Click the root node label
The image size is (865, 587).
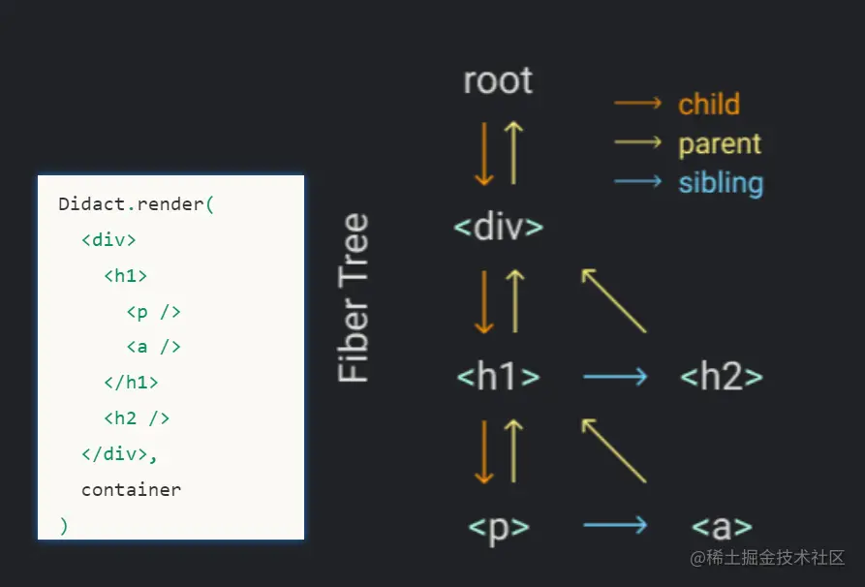tap(498, 81)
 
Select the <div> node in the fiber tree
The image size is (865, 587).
tap(498, 228)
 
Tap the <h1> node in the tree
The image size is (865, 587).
tap(498, 377)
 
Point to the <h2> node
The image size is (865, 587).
tap(722, 377)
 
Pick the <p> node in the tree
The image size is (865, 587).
tap(498, 527)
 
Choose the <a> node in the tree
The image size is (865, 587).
tap(722, 527)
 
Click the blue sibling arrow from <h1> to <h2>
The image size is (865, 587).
tap(615, 377)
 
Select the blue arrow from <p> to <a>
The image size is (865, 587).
tap(615, 526)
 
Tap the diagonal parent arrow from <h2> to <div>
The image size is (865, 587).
tap(613, 300)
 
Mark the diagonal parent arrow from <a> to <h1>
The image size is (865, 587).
tap(613, 449)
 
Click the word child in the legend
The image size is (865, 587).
tap(709, 105)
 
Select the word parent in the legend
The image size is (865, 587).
tap(720, 144)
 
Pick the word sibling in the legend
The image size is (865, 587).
tap(721, 183)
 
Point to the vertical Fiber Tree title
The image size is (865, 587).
tap(355, 297)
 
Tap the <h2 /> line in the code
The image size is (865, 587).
tap(137, 418)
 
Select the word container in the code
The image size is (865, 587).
tap(131, 490)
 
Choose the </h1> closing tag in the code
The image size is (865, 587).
tap(131, 383)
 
